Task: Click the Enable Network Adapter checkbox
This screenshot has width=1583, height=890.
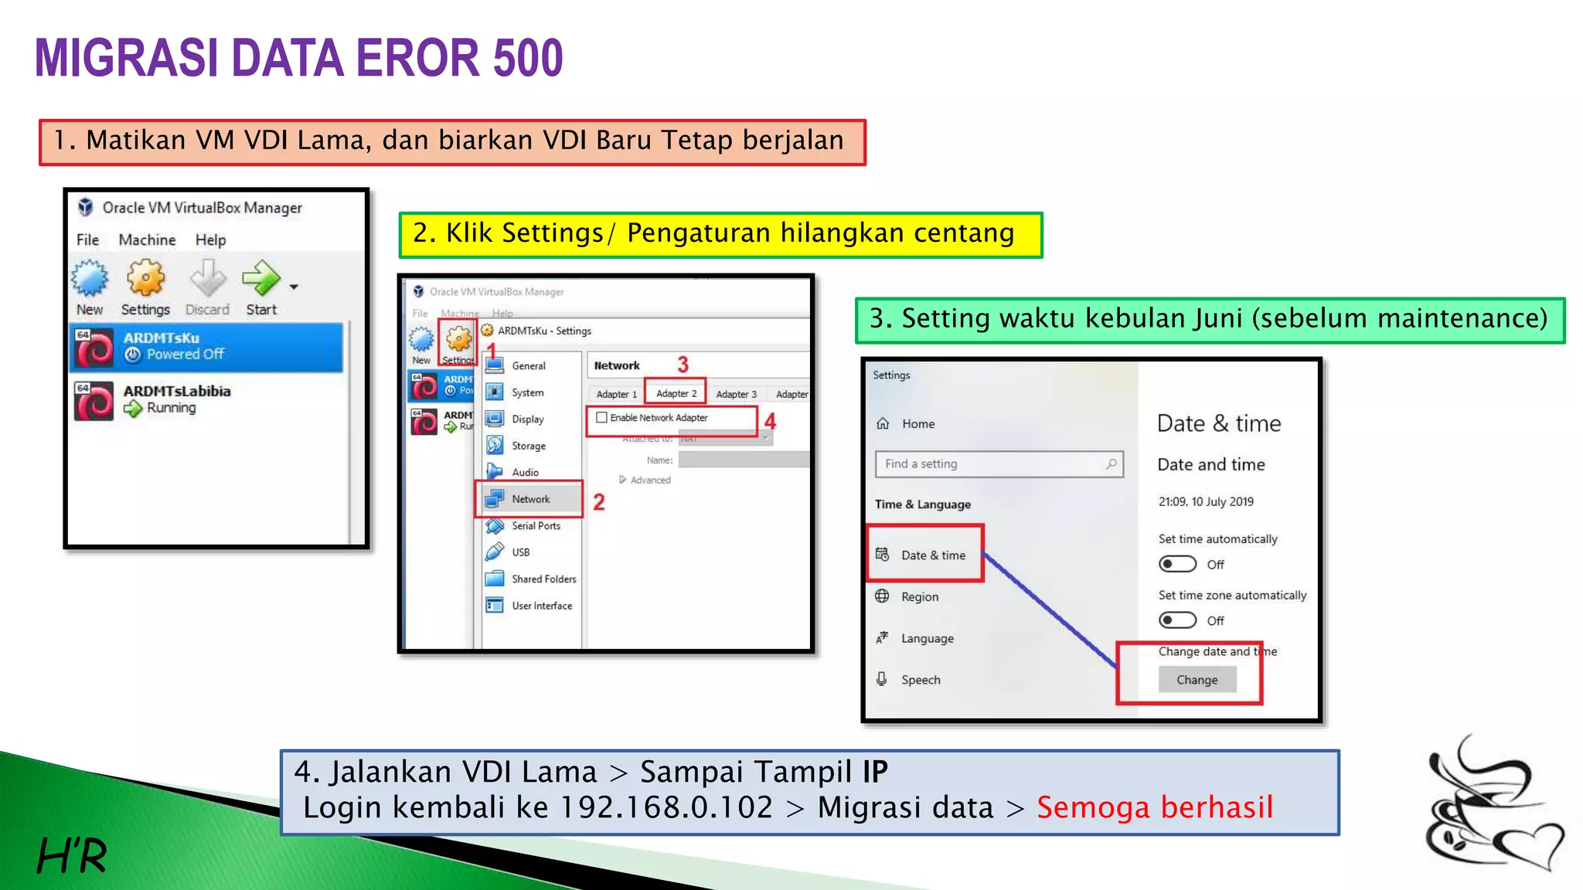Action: tap(601, 418)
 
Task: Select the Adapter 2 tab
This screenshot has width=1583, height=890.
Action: tap(676, 394)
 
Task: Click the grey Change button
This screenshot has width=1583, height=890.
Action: tap(1197, 680)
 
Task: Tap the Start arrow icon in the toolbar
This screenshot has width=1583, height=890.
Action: tap(261, 279)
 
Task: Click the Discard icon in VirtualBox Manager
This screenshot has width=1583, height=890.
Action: tap(207, 279)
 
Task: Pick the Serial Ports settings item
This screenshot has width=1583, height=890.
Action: tap(535, 526)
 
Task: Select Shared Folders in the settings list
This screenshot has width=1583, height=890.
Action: tap(543, 579)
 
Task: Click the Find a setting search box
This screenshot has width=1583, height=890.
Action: tap(998, 464)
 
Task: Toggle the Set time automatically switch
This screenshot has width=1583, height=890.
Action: tap(1177, 565)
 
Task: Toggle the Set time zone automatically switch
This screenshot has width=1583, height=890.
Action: tap(1177, 621)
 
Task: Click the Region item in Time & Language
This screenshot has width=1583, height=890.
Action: tap(919, 597)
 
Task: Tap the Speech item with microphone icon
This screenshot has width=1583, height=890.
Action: tap(920, 681)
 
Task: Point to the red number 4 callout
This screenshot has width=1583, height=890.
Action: tap(770, 422)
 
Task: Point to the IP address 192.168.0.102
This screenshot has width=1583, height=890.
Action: tap(666, 808)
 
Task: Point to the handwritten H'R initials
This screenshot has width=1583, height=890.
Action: tap(72, 855)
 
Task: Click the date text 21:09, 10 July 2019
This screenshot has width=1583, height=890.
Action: tap(1206, 502)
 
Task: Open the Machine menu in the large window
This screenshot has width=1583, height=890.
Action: tap(147, 240)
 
